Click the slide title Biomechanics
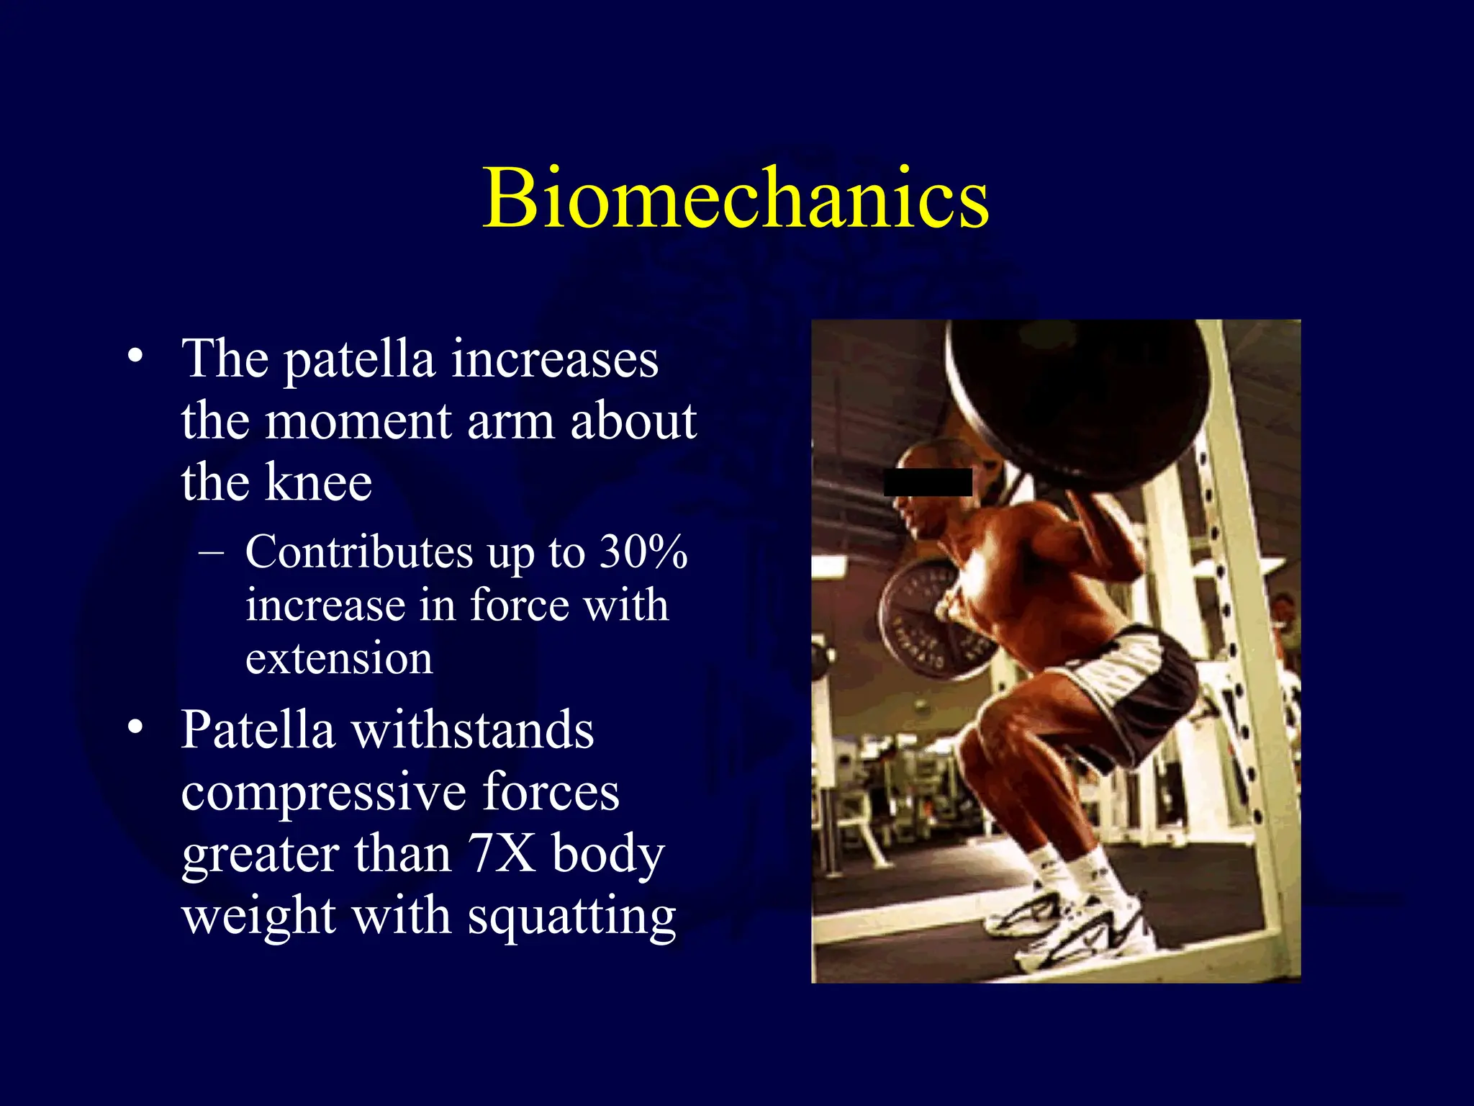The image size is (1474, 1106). (736, 197)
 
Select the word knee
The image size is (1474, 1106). (318, 482)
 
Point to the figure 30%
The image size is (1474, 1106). (643, 552)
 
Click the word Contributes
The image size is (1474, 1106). (359, 552)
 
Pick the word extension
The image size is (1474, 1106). (339, 659)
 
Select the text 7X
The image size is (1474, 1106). (501, 854)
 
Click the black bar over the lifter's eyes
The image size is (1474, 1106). (928, 482)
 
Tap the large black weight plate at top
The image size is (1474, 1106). (1080, 396)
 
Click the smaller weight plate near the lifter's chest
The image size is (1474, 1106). (928, 616)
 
